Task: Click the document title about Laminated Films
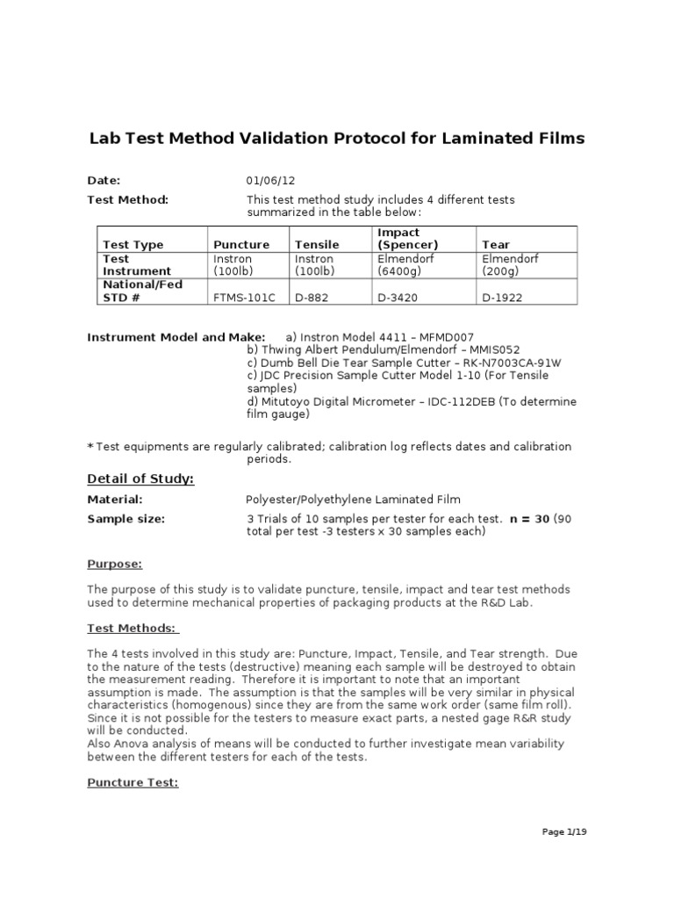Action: coord(337,139)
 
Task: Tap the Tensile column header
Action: coord(316,245)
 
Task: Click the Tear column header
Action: coord(496,245)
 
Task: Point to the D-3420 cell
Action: coord(398,298)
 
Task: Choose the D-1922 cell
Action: coord(502,298)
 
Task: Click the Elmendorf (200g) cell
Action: coord(510,265)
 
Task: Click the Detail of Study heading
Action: coord(140,478)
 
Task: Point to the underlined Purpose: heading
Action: coord(114,565)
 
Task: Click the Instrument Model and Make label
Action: coord(176,337)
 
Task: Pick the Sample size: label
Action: coord(125,519)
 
